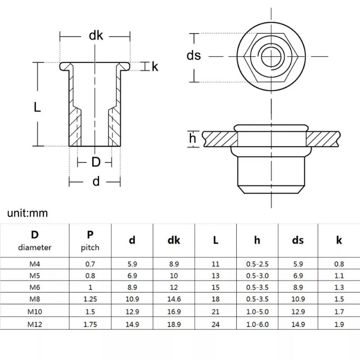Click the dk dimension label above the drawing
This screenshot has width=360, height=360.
click(x=95, y=36)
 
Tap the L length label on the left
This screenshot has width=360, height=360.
click(x=37, y=107)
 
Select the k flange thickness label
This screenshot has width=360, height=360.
click(x=155, y=67)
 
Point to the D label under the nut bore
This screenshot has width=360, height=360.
click(x=95, y=162)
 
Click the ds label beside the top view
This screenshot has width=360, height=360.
click(x=193, y=56)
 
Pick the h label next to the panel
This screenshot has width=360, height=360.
click(x=193, y=139)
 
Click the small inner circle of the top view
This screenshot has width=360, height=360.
click(x=271, y=56)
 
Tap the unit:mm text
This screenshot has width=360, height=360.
click(x=27, y=212)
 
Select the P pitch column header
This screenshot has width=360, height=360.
click(x=90, y=240)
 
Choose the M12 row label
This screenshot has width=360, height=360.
click(x=35, y=323)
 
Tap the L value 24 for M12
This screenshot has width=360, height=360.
click(x=216, y=323)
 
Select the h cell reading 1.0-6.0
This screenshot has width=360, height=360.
click(x=257, y=323)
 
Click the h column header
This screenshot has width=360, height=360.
click(x=257, y=240)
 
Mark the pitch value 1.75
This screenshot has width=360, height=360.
click(x=90, y=323)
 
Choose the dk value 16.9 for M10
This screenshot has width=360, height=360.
click(x=174, y=311)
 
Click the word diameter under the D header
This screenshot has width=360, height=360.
click(x=35, y=247)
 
